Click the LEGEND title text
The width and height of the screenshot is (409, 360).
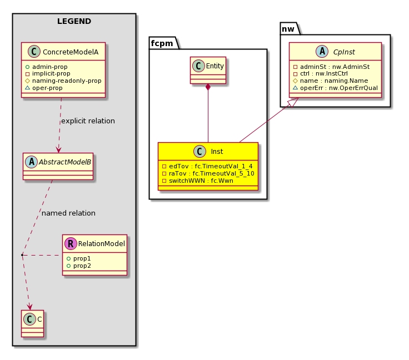click(x=74, y=21)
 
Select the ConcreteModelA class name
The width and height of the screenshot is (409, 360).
click(x=71, y=52)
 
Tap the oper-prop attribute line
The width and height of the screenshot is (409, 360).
click(x=44, y=88)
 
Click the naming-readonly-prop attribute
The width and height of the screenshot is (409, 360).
click(x=63, y=81)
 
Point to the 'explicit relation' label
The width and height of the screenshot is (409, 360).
click(x=88, y=121)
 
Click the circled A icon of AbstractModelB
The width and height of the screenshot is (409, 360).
click(x=32, y=162)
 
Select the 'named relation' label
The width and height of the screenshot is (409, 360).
click(x=68, y=213)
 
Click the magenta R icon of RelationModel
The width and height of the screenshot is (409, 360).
click(x=71, y=243)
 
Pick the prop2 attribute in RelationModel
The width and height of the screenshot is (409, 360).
click(x=79, y=266)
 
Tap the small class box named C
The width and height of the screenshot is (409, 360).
click(x=33, y=323)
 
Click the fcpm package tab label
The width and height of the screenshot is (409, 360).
click(x=162, y=43)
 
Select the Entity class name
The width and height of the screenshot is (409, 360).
click(x=215, y=66)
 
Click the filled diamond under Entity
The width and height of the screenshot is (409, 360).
click(x=208, y=87)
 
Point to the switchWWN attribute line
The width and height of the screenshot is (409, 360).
click(x=197, y=181)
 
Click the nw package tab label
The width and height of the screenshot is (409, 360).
click(x=288, y=29)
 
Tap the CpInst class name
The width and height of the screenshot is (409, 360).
click(x=344, y=52)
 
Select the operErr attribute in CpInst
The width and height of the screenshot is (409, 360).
click(x=335, y=88)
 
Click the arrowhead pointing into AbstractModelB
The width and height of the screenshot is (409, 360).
click(x=58, y=150)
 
